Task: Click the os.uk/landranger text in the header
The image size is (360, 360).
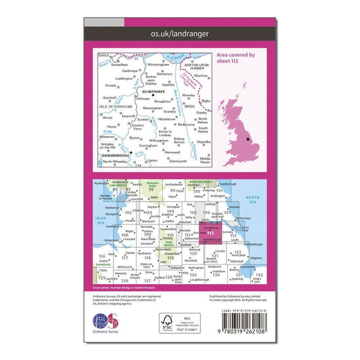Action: click(179, 33)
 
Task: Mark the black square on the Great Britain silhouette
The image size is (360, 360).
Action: click(247, 139)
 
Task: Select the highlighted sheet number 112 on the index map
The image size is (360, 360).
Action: click(210, 234)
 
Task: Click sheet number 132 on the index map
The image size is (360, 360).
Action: click(259, 275)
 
